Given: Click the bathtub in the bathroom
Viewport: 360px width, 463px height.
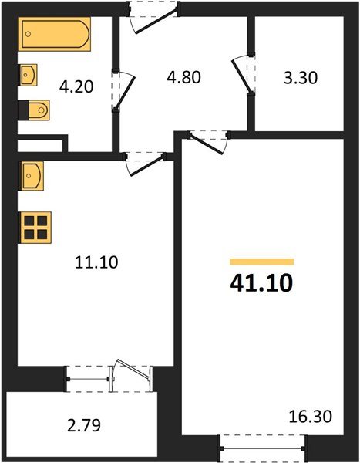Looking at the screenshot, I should point(56,35).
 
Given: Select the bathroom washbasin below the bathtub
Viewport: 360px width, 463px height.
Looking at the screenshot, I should point(29,76).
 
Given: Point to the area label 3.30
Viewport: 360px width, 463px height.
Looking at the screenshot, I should point(298,78).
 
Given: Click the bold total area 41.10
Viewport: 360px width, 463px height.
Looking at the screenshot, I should point(261,284).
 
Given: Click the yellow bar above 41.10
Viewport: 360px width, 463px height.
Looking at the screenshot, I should point(261,262).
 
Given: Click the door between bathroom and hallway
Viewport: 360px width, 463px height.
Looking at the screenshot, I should point(121,91).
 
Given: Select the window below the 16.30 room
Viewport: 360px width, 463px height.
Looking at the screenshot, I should point(264,445).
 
